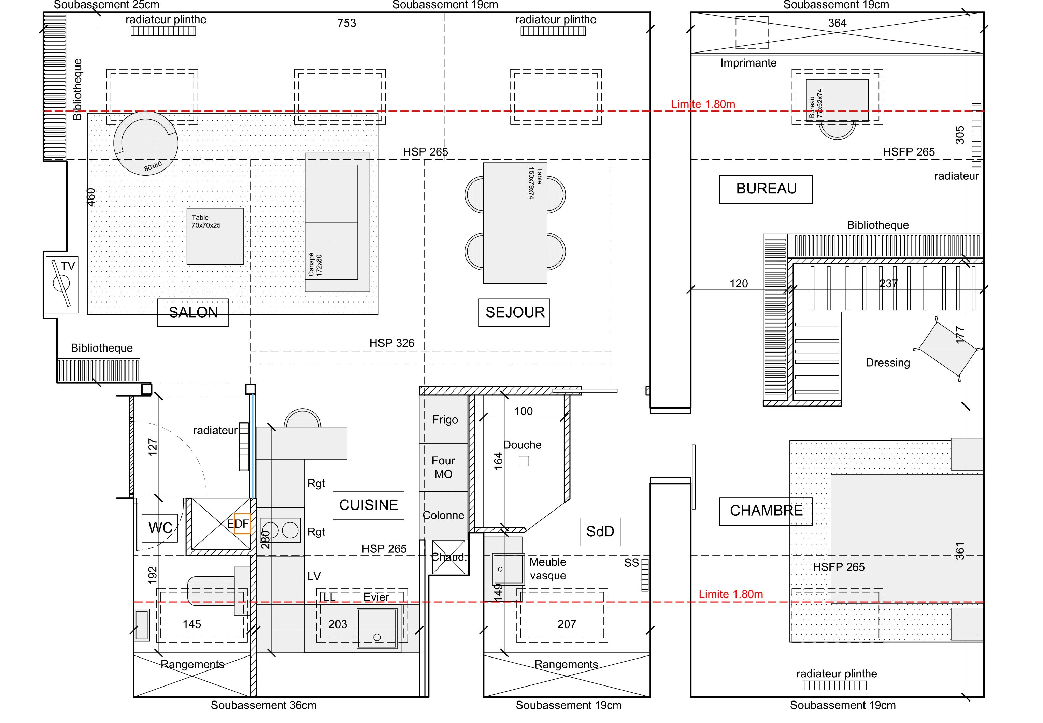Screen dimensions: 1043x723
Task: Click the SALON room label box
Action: pyautogui.click(x=192, y=313)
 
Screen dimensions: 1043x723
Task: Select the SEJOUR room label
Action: pyautogui.click(x=514, y=313)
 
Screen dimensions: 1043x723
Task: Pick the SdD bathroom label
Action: pyautogui.click(x=600, y=532)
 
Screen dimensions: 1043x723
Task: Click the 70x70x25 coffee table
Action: pyautogui.click(x=215, y=236)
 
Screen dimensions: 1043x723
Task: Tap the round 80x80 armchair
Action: pyautogui.click(x=146, y=143)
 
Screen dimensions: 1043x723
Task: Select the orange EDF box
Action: pyautogui.click(x=242, y=524)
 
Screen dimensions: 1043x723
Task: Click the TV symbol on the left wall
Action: pyautogui.click(x=62, y=284)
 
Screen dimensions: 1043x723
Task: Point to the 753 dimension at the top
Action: pyautogui.click(x=347, y=23)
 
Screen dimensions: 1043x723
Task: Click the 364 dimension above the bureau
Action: pyautogui.click(x=837, y=23)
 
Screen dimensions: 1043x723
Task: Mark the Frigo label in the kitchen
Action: pyautogui.click(x=445, y=420)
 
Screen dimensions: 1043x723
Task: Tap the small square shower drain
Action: pyautogui.click(x=524, y=461)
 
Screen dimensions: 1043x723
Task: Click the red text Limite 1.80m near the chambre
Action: pyautogui.click(x=731, y=594)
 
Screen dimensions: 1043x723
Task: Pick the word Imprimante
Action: pyautogui.click(x=748, y=63)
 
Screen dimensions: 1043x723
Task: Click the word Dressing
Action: pyautogui.click(x=887, y=363)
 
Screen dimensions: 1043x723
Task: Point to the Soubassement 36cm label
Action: pyautogui.click(x=263, y=705)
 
